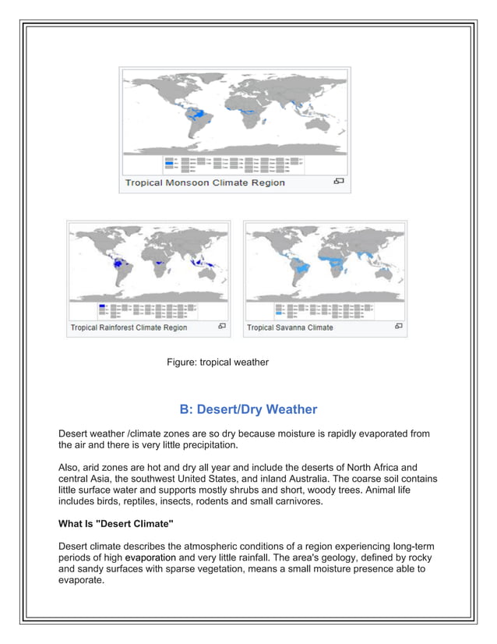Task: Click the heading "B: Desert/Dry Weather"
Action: (x=248, y=409)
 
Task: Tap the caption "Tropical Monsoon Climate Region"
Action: (x=205, y=182)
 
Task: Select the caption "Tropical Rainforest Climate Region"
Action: (x=129, y=327)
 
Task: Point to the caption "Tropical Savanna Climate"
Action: (x=290, y=327)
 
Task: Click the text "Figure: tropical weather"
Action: (x=217, y=362)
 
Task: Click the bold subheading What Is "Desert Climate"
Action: (x=116, y=524)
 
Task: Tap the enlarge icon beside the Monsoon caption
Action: (x=339, y=182)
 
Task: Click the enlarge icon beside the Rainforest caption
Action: (x=222, y=327)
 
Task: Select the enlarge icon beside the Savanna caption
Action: (x=399, y=327)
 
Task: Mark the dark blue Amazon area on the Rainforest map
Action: (x=119, y=264)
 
